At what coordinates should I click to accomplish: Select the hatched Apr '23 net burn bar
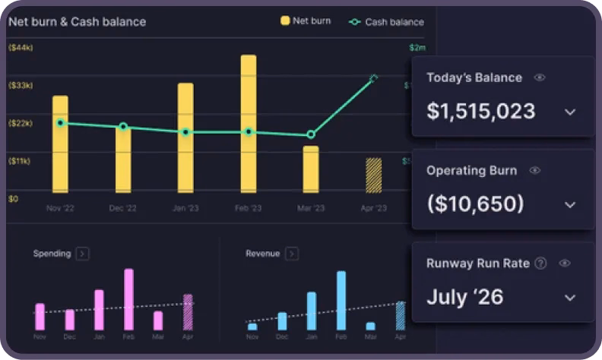(x=373, y=175)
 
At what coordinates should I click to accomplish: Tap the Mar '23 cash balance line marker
(x=311, y=134)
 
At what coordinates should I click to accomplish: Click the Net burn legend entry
(x=306, y=21)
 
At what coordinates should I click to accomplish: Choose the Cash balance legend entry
(x=387, y=22)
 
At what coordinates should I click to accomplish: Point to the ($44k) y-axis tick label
(x=20, y=48)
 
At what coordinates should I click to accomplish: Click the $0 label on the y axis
(x=13, y=199)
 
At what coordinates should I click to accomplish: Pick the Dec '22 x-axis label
(x=123, y=208)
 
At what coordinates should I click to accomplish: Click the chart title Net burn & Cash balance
(x=77, y=22)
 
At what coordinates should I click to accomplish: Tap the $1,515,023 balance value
(x=480, y=111)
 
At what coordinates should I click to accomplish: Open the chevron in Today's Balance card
(x=570, y=112)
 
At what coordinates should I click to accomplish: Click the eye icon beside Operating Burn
(x=534, y=171)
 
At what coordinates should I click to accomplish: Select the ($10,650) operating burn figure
(x=475, y=204)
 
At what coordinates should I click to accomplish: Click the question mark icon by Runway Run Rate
(x=540, y=264)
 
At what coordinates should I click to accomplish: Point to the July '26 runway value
(x=464, y=296)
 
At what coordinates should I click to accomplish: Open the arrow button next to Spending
(x=82, y=254)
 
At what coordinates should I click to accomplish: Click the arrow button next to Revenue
(x=291, y=254)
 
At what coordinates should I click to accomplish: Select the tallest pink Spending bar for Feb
(x=128, y=299)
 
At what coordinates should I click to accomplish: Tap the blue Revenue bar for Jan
(x=311, y=311)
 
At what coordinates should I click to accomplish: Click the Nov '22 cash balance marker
(x=60, y=123)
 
